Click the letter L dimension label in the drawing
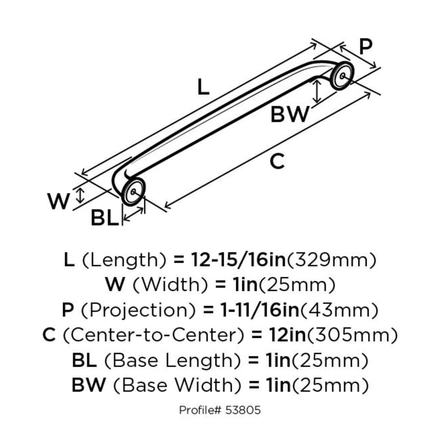(x=203, y=88)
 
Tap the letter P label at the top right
(x=365, y=46)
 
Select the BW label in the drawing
(x=290, y=115)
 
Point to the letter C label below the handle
(x=277, y=161)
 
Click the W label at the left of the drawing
(x=59, y=201)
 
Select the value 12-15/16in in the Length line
(x=230, y=260)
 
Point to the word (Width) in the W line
(x=162, y=285)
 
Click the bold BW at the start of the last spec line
(x=88, y=386)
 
